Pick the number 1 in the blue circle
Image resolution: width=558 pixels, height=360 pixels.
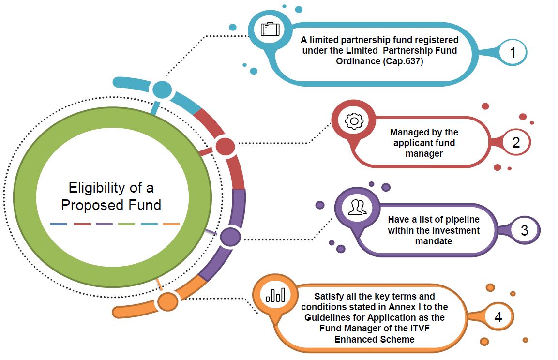tap(512, 53)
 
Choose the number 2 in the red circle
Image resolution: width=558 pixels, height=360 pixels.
tap(515, 143)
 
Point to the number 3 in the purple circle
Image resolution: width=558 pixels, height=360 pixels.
tap(524, 230)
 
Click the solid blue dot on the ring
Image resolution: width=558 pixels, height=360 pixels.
tap(162, 90)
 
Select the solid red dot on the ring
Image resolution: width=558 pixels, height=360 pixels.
tap(225, 146)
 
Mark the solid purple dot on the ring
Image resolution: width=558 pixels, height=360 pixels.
tap(230, 237)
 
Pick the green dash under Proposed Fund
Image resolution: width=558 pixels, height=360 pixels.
tap(127, 224)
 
